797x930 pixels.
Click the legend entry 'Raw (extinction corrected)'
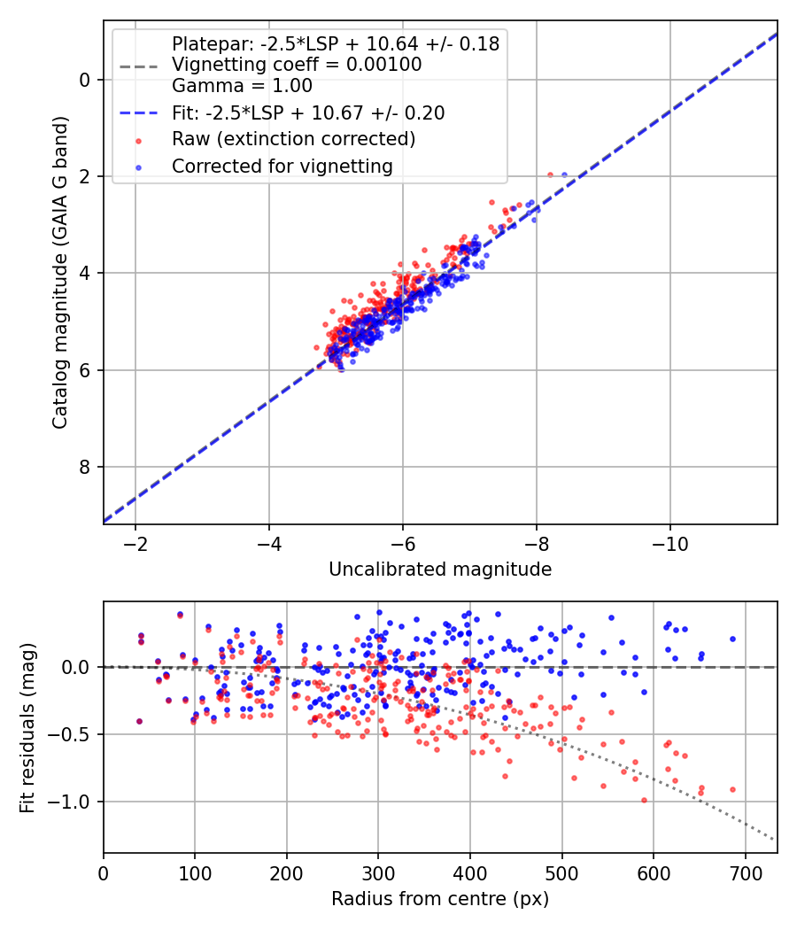293,139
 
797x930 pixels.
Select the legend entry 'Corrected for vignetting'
282,166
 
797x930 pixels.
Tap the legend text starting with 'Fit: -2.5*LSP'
308,112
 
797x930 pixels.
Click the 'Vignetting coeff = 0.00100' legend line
297,65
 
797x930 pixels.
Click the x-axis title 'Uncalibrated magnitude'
440,570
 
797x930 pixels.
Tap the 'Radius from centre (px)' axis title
440,899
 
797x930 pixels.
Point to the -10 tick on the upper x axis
669,542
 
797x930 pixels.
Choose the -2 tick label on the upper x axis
135,542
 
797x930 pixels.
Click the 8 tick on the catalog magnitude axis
85,467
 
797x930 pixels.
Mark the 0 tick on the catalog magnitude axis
85,80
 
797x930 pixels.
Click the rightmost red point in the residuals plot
732,789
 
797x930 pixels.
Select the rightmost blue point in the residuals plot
732,639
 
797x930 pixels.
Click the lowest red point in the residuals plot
644,800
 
